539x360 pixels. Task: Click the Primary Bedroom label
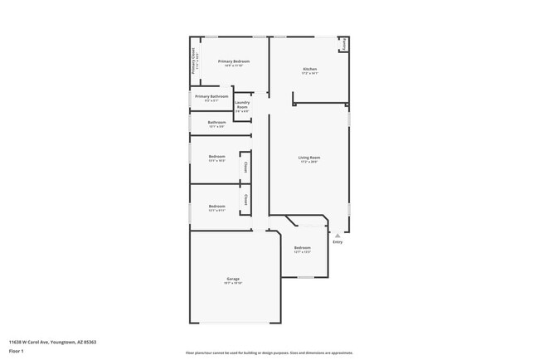(x=234, y=61)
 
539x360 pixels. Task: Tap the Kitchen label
(x=309, y=69)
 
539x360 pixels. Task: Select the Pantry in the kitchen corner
(x=345, y=45)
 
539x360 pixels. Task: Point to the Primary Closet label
(x=194, y=62)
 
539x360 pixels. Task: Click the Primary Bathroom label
(x=211, y=96)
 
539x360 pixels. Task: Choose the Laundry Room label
(x=242, y=105)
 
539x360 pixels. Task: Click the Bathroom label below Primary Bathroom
(x=216, y=122)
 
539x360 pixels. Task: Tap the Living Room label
(x=309, y=158)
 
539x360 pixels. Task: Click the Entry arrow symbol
(x=337, y=236)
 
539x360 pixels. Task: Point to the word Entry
(x=337, y=242)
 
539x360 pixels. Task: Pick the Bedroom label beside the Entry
(x=302, y=247)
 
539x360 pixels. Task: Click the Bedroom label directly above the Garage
(x=216, y=206)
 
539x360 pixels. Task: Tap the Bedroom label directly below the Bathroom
(x=216, y=157)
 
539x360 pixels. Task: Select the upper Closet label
(x=245, y=167)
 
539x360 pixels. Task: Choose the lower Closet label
(x=245, y=200)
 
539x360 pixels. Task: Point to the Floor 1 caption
(x=16, y=351)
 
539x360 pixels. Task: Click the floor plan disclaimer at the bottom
(x=269, y=353)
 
